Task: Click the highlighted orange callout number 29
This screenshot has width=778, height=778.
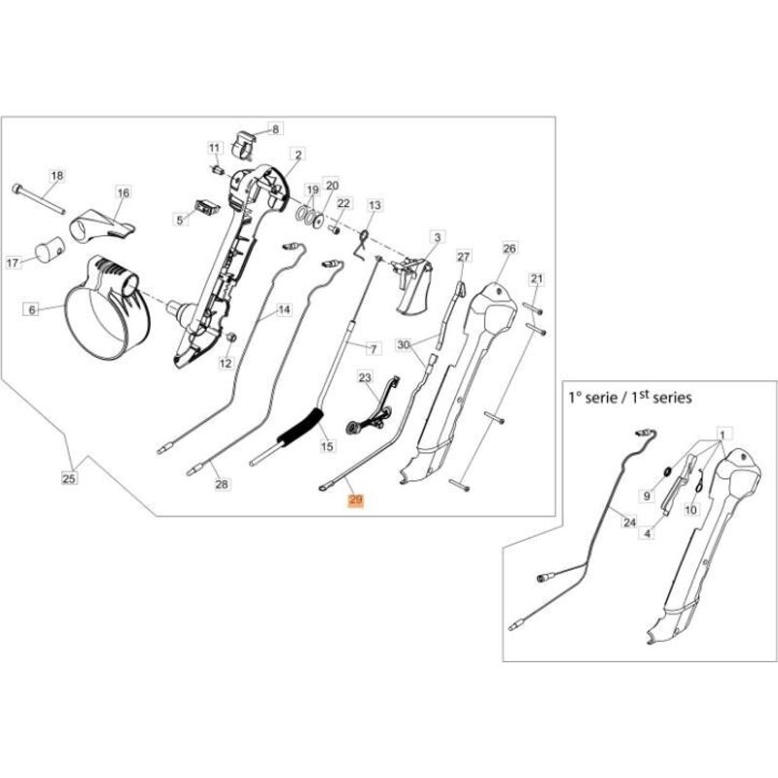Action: coord(355,501)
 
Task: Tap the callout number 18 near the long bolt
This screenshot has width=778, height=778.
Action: coord(56,175)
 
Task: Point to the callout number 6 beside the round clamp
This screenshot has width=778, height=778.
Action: coord(31,309)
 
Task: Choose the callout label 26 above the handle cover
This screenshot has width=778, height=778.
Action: coord(508,249)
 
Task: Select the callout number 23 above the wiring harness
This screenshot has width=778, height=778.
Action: coord(365,376)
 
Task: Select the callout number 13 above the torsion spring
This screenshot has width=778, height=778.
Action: coord(374,205)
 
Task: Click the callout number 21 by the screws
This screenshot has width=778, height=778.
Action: coord(535,279)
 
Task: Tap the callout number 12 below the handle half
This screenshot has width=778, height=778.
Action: coord(226,364)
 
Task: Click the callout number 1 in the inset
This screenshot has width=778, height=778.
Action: coord(721,430)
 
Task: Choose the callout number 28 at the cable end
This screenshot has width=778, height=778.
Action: coord(221,484)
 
